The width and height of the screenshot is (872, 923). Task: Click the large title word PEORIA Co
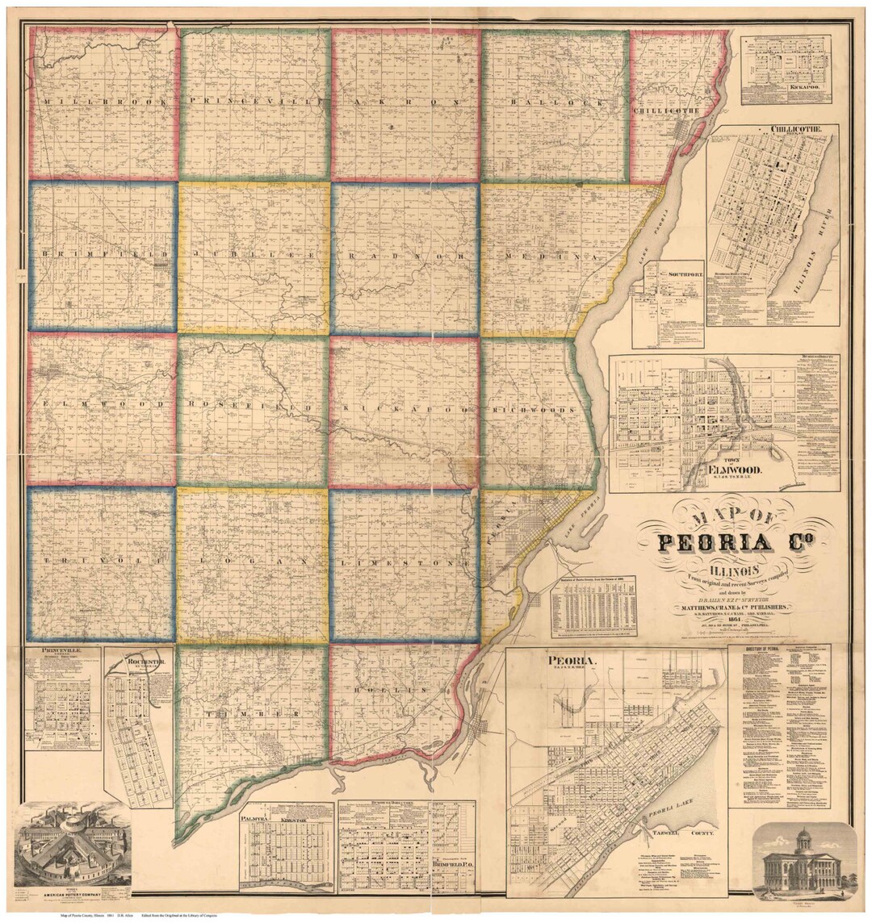732,543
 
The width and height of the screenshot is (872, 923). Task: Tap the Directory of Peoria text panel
778,726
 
